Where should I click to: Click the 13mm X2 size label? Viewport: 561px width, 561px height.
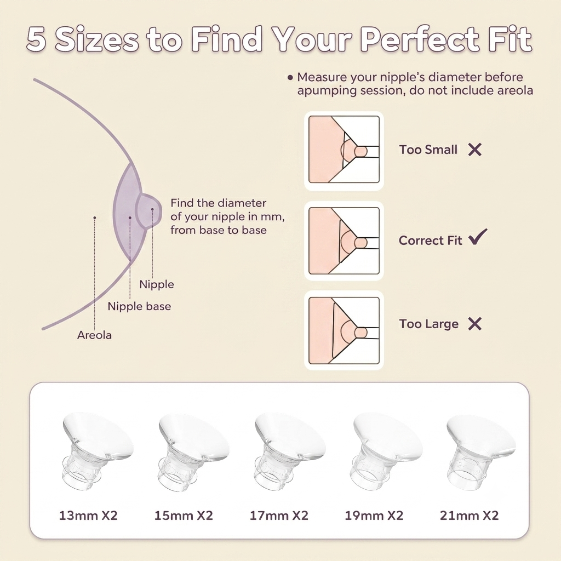pyautogui.click(x=88, y=516)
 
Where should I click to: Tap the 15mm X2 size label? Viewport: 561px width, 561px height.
pyautogui.click(x=184, y=516)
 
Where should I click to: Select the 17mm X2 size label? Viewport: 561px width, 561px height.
pyautogui.click(x=279, y=516)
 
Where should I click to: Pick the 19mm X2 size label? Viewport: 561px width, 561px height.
pyautogui.click(x=374, y=516)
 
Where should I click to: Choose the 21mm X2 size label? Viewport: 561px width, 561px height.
pyautogui.click(x=469, y=516)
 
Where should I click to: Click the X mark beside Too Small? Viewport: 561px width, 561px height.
pyautogui.click(x=475, y=150)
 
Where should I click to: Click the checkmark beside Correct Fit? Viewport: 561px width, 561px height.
pyautogui.click(x=478, y=237)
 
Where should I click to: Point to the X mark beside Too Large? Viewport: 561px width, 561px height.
pyautogui.click(x=475, y=324)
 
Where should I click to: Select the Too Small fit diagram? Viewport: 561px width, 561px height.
pyautogui.click(x=344, y=151)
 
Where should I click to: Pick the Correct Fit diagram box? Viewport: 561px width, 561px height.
pyautogui.click(x=344, y=241)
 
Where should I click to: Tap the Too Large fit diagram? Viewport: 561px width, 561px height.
pyautogui.click(x=344, y=330)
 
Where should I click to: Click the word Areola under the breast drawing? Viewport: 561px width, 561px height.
pyautogui.click(x=94, y=335)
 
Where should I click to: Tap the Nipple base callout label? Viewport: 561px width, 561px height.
pyautogui.click(x=139, y=306)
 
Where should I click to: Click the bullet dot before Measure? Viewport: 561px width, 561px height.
pyautogui.click(x=290, y=77)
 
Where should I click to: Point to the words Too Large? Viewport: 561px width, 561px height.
pyautogui.click(x=428, y=324)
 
